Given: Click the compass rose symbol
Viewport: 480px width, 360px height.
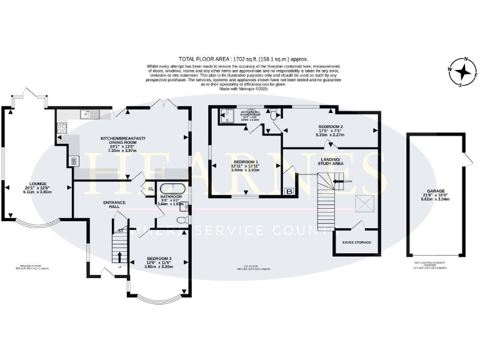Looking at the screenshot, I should (x=464, y=73).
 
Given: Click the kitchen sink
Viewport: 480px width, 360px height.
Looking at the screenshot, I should (x=89, y=114).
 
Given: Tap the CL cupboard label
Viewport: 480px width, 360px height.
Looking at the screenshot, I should (x=151, y=189).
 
